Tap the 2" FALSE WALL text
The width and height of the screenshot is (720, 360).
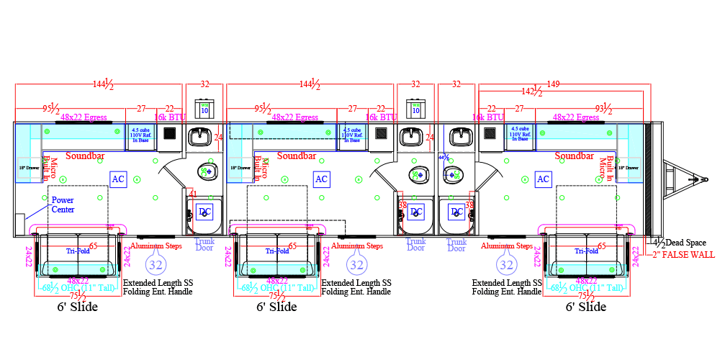pos(683,254)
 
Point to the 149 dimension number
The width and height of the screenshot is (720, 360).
pos(552,84)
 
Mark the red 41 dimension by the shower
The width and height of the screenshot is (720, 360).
pos(192,194)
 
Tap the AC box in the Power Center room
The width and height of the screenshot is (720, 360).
pos(118,179)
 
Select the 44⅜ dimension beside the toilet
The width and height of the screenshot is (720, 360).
pos(445,158)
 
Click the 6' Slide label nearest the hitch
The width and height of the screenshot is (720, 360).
pos(585,307)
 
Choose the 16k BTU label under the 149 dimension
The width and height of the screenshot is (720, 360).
pos(487,117)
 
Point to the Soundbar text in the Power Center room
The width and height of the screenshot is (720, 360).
pos(86,156)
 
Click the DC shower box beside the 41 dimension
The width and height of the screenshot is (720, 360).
pos(204,212)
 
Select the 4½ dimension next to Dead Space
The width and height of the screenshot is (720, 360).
pos(659,243)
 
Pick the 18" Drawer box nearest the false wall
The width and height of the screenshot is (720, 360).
pos(631,167)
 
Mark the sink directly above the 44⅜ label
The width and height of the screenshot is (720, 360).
pos(456,136)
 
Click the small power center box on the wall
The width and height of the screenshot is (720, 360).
pos(19,220)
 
